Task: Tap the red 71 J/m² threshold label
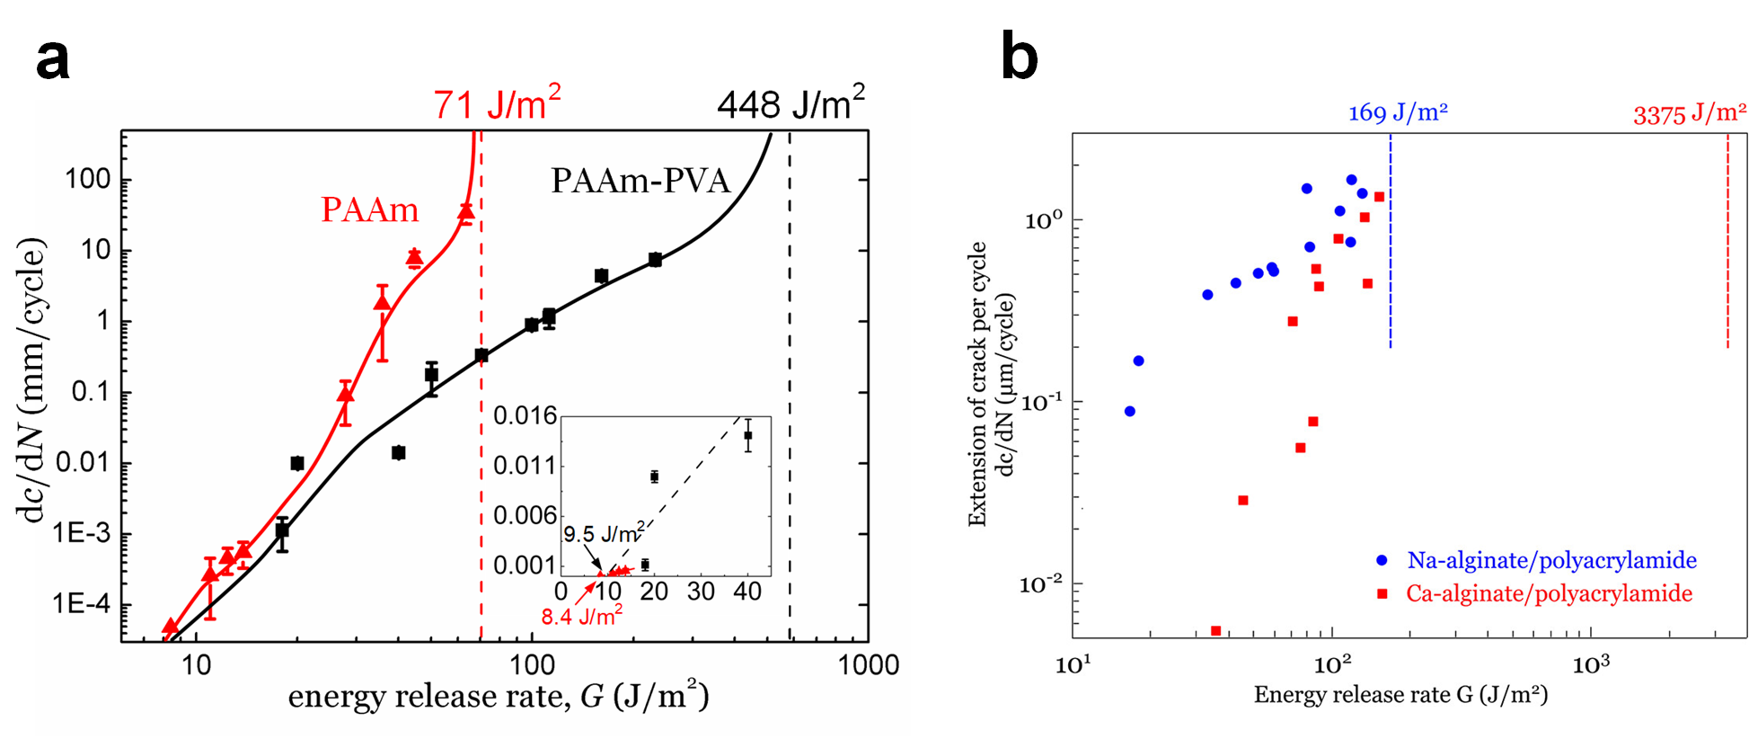point(497,104)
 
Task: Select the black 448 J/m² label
point(791,104)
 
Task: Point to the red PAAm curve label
point(369,210)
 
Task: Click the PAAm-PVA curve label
point(640,181)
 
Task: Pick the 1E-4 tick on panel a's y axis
point(81,604)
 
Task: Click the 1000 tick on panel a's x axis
point(868,665)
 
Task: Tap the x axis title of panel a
point(498,697)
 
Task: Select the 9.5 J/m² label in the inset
point(603,534)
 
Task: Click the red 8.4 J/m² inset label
point(581,617)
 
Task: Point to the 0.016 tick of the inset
point(525,415)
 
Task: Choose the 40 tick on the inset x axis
point(747,592)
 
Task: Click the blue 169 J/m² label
point(1398,113)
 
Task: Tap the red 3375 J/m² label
point(1689,114)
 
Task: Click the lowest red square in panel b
point(1216,631)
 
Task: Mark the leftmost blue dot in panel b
point(1130,412)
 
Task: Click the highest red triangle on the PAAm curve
point(465,212)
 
